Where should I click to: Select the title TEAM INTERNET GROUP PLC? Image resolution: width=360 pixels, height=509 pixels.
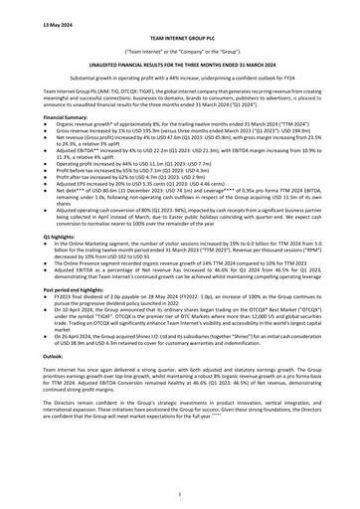[180, 33]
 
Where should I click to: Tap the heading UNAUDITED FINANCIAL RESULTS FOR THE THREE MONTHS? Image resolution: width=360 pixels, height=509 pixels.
[180, 61]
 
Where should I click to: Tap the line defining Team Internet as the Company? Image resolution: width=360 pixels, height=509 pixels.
[180, 47]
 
